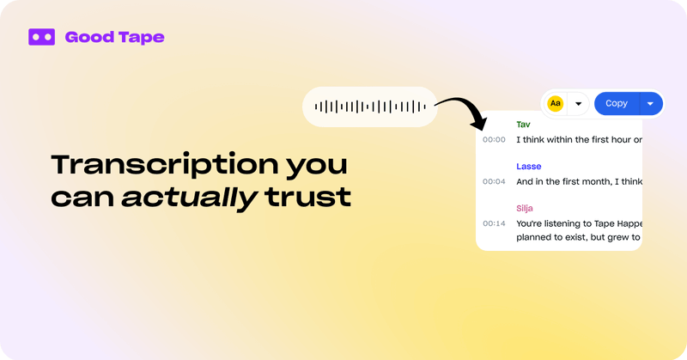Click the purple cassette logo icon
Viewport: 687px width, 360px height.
click(41, 37)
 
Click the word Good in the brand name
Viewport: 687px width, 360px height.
click(85, 37)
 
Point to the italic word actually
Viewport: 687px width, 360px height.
click(189, 197)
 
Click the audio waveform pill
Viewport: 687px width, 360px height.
click(370, 107)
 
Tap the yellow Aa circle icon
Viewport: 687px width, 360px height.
click(555, 104)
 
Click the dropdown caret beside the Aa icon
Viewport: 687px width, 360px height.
click(578, 104)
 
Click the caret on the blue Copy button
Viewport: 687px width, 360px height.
click(650, 104)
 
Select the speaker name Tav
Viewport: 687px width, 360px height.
click(523, 125)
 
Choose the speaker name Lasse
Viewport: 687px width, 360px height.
click(529, 166)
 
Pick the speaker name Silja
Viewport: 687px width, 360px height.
click(525, 208)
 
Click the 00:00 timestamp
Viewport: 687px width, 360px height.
click(495, 139)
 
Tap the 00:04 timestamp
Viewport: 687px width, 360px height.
click(495, 181)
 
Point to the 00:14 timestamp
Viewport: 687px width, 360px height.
click(495, 223)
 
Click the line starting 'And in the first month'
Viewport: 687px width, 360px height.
click(579, 181)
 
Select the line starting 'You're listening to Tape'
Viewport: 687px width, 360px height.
click(579, 223)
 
